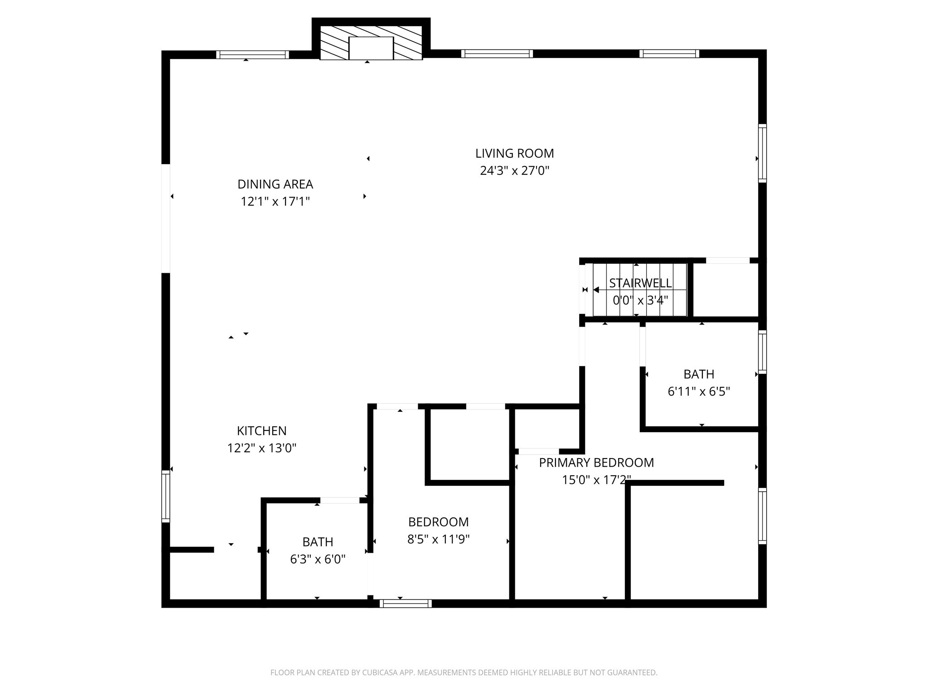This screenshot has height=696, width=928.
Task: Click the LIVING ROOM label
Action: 514,154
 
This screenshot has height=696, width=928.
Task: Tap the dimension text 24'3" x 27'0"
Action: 514,171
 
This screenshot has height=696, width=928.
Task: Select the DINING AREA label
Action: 275,184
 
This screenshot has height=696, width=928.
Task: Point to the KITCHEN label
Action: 261,431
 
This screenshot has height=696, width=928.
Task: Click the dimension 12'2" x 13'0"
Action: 261,448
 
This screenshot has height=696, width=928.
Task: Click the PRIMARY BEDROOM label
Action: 596,463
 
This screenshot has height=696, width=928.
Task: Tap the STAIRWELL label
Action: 640,283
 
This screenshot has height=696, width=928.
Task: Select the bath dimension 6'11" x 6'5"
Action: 699,391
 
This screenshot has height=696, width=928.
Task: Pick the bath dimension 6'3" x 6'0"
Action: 318,560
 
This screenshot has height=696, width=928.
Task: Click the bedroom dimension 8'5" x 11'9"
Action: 438,539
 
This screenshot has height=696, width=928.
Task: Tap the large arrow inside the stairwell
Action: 596,290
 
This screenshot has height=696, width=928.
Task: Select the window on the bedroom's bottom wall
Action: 406,604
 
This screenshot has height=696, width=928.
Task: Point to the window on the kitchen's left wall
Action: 166,496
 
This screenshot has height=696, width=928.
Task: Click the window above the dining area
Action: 252,55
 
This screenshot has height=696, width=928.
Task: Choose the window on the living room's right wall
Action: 763,154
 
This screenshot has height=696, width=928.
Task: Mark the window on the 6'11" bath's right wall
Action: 763,353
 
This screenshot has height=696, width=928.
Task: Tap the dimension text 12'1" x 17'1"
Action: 275,202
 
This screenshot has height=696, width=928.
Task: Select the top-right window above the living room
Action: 669,54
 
